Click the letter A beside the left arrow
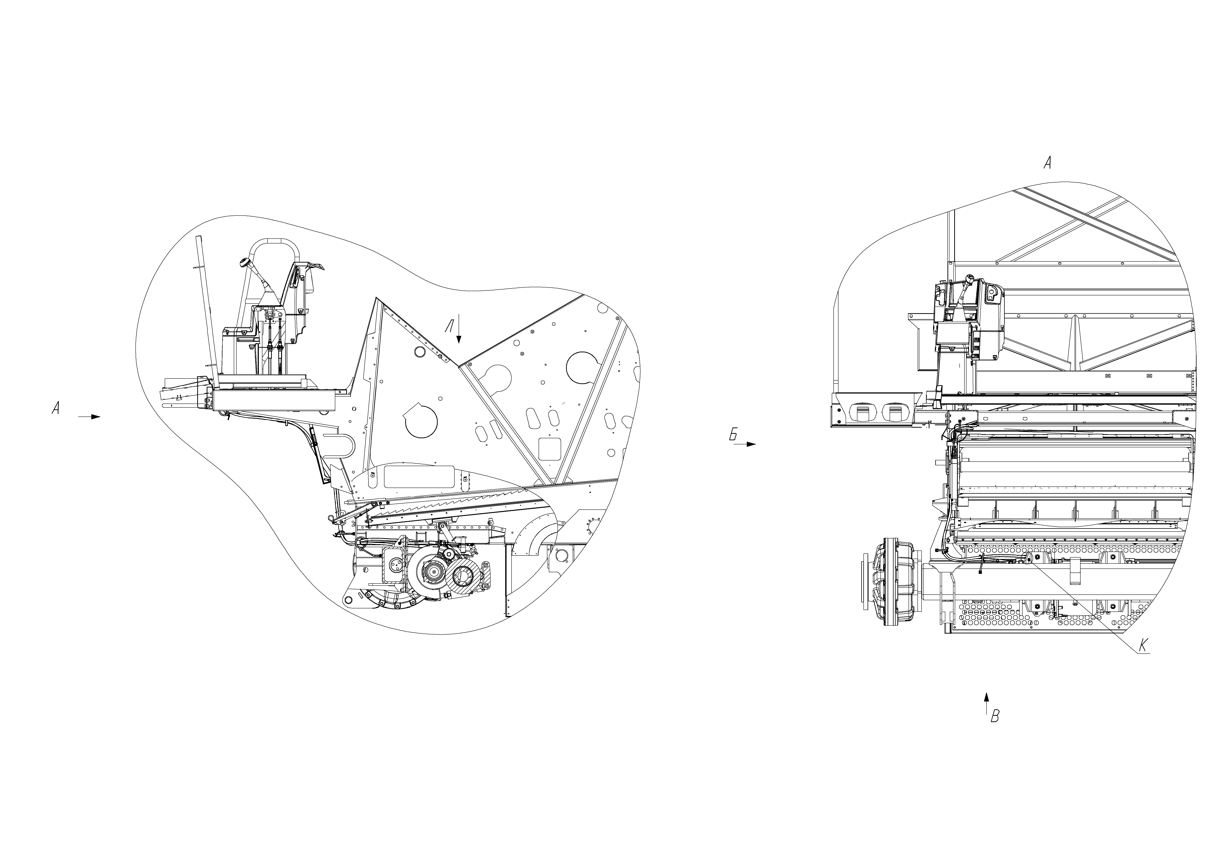click(55, 409)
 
